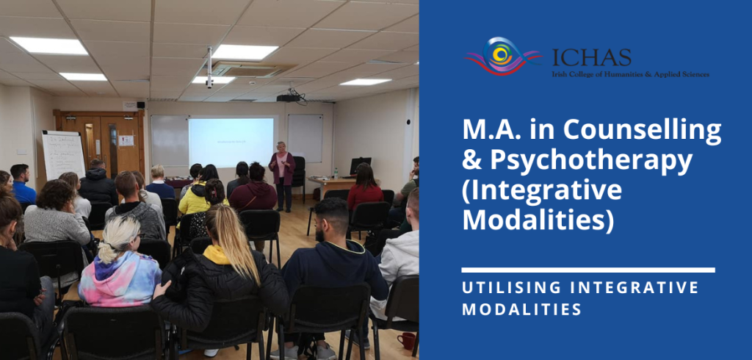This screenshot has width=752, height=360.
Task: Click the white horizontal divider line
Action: click(587, 270)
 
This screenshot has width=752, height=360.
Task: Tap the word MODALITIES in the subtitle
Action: click(521, 309)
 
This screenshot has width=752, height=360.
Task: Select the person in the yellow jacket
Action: click(195, 199)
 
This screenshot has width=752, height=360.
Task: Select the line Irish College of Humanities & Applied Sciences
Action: click(631, 74)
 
